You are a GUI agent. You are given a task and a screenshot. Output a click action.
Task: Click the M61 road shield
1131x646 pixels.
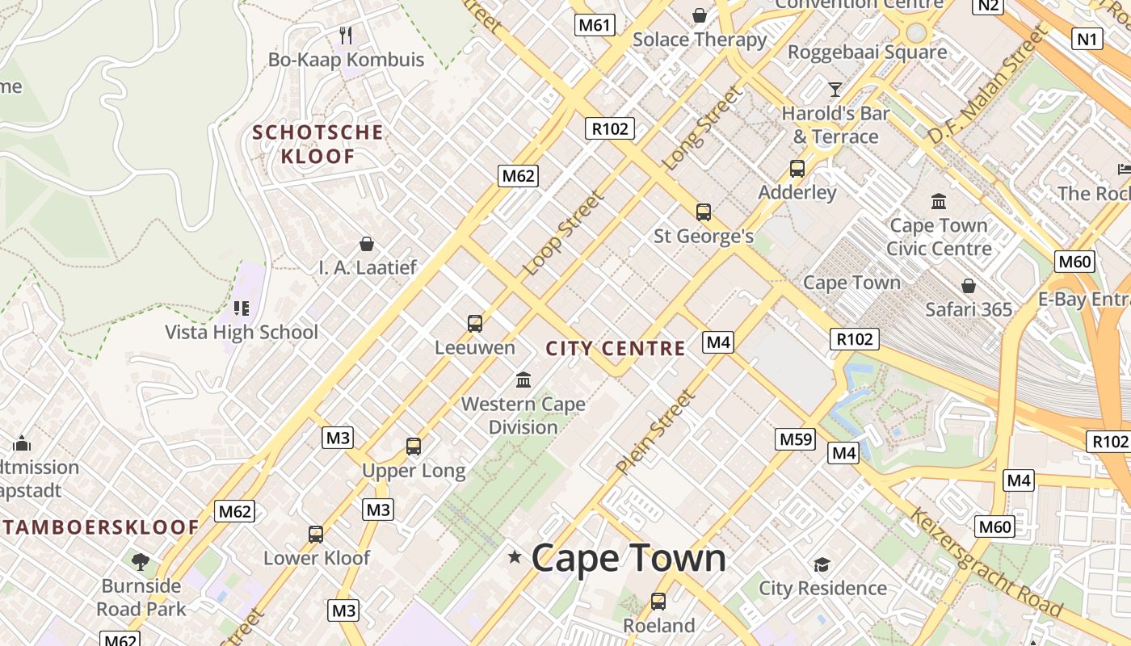tap(594, 25)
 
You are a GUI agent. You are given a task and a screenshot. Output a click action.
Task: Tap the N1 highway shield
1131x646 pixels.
tap(1087, 38)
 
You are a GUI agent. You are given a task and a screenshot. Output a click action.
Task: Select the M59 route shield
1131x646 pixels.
tap(795, 439)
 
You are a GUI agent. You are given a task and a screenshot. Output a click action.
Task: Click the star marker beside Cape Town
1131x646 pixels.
tap(515, 556)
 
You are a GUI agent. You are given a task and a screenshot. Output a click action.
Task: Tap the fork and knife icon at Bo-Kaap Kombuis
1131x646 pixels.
tap(346, 35)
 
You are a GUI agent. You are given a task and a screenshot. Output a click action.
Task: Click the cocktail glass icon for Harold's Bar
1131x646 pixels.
tap(835, 88)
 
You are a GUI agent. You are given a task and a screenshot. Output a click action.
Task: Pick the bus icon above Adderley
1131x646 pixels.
tap(797, 168)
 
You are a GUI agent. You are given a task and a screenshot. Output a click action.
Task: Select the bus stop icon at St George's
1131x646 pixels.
tap(704, 212)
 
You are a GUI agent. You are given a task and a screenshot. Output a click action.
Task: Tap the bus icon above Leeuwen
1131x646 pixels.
tap(475, 323)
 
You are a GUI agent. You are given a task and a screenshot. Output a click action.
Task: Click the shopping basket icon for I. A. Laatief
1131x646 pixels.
tap(367, 243)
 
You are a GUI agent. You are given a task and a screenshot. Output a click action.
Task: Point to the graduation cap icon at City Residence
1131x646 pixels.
tap(822, 564)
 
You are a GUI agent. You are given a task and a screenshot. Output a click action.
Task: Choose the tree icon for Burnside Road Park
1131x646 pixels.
tap(141, 560)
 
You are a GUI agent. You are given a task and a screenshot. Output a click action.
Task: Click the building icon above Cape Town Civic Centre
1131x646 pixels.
tap(939, 200)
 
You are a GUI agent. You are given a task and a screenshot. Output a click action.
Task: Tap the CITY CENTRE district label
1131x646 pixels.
tap(616, 349)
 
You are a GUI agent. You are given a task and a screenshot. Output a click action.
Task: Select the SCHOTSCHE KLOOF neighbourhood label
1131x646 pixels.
tap(317, 144)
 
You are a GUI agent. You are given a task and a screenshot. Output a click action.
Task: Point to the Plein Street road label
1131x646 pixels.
tap(655, 432)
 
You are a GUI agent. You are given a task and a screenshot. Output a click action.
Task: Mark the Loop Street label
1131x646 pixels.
tap(563, 233)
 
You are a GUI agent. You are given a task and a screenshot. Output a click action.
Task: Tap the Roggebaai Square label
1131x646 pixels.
tap(867, 52)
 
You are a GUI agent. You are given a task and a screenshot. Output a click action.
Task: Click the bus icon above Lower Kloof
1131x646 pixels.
tap(316, 534)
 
